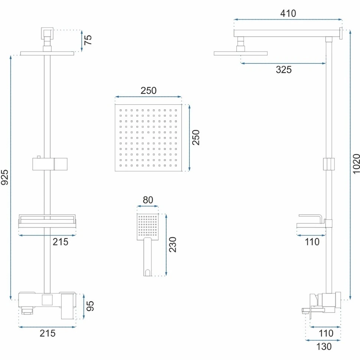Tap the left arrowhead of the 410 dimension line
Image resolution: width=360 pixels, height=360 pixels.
235,20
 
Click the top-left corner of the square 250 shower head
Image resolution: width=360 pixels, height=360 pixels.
115,104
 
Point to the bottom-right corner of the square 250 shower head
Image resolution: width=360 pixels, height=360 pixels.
181,171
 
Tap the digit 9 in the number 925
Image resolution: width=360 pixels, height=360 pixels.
5,181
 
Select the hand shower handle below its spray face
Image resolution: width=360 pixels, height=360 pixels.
147,257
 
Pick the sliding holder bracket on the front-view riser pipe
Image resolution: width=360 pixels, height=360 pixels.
50,164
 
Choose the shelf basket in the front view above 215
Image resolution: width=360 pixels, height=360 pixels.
47,221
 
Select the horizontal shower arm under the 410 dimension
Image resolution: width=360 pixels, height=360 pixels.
287,33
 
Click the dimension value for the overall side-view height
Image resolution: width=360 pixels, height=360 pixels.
356,164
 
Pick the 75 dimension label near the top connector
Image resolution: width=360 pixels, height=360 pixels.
88,40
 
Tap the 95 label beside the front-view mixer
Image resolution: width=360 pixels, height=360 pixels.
90,306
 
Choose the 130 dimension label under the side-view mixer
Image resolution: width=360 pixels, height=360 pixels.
324,347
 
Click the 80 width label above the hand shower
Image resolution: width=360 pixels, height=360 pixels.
148,200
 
